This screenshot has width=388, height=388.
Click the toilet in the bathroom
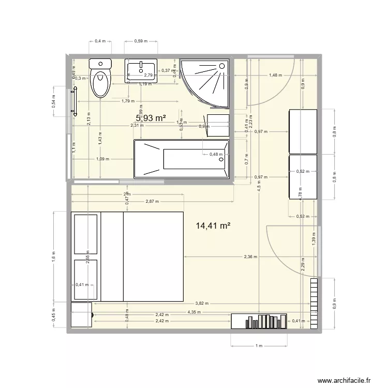100,78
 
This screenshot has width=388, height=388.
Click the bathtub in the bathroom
181,159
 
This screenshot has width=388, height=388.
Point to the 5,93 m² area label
151,118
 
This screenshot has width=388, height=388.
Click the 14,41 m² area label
213,226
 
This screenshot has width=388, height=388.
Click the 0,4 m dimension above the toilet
100,41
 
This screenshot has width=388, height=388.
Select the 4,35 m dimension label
195,312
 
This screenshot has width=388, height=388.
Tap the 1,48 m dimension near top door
275,76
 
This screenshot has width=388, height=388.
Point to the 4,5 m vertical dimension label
258,189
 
